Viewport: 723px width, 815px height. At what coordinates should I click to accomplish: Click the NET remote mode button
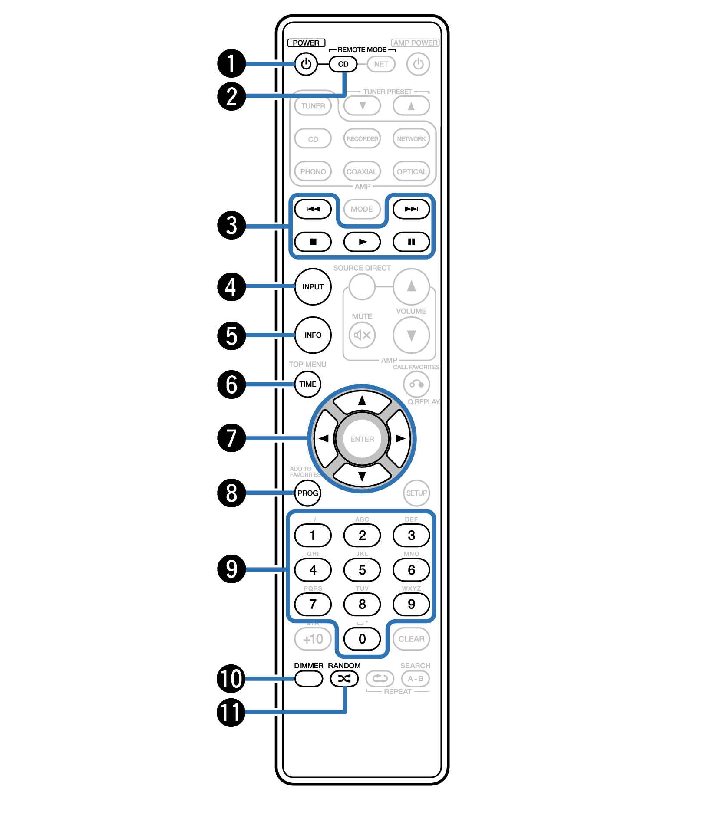click(381, 64)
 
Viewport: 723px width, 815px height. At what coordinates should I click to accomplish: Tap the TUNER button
click(313, 106)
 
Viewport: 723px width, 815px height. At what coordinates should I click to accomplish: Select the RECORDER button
click(362, 139)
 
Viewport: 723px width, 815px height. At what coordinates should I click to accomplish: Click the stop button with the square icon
click(313, 242)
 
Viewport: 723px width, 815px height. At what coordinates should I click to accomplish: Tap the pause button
click(411, 242)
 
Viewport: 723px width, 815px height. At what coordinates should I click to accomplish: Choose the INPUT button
click(313, 287)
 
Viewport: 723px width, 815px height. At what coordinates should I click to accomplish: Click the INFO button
click(313, 335)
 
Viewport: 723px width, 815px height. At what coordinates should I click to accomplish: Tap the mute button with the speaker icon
click(362, 335)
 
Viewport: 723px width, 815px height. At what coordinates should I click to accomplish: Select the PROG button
click(307, 493)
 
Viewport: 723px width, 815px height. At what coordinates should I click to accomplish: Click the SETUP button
click(416, 493)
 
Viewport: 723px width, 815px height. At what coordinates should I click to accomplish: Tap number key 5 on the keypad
click(362, 570)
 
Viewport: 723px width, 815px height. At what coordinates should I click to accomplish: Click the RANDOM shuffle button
click(344, 679)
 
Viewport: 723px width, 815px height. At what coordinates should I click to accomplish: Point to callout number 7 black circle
click(231, 438)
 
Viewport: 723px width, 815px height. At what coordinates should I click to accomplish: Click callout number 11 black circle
click(231, 712)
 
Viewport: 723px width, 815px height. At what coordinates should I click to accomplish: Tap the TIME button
click(307, 384)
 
